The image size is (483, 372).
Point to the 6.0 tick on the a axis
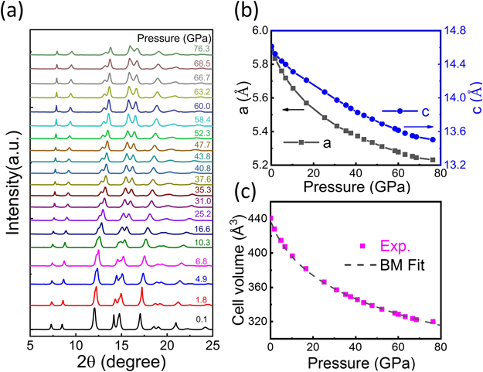point(256,30)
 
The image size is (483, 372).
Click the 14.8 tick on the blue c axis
point(454,30)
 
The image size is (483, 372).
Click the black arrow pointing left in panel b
point(291,111)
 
